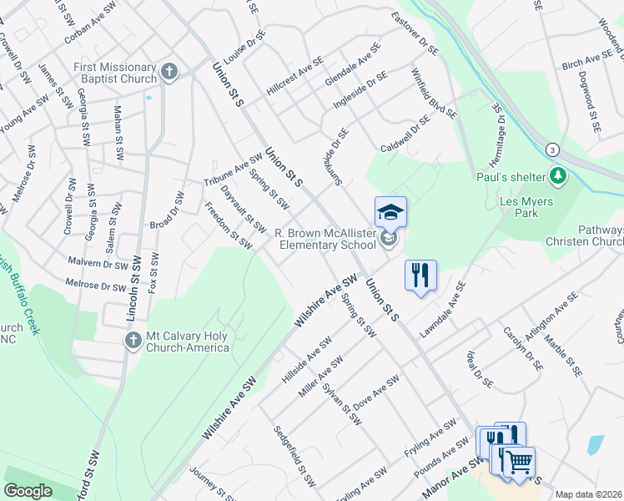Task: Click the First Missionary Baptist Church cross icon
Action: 169,73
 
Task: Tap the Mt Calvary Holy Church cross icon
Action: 133,340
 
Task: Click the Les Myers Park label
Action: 541,207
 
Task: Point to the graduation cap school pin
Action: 390,213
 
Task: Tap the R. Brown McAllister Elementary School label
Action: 325,240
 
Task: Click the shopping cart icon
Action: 519,460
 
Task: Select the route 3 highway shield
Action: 552,149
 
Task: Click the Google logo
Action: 28,491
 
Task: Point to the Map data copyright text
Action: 589,494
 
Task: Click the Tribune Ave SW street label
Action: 227,170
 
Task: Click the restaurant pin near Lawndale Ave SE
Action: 420,275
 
